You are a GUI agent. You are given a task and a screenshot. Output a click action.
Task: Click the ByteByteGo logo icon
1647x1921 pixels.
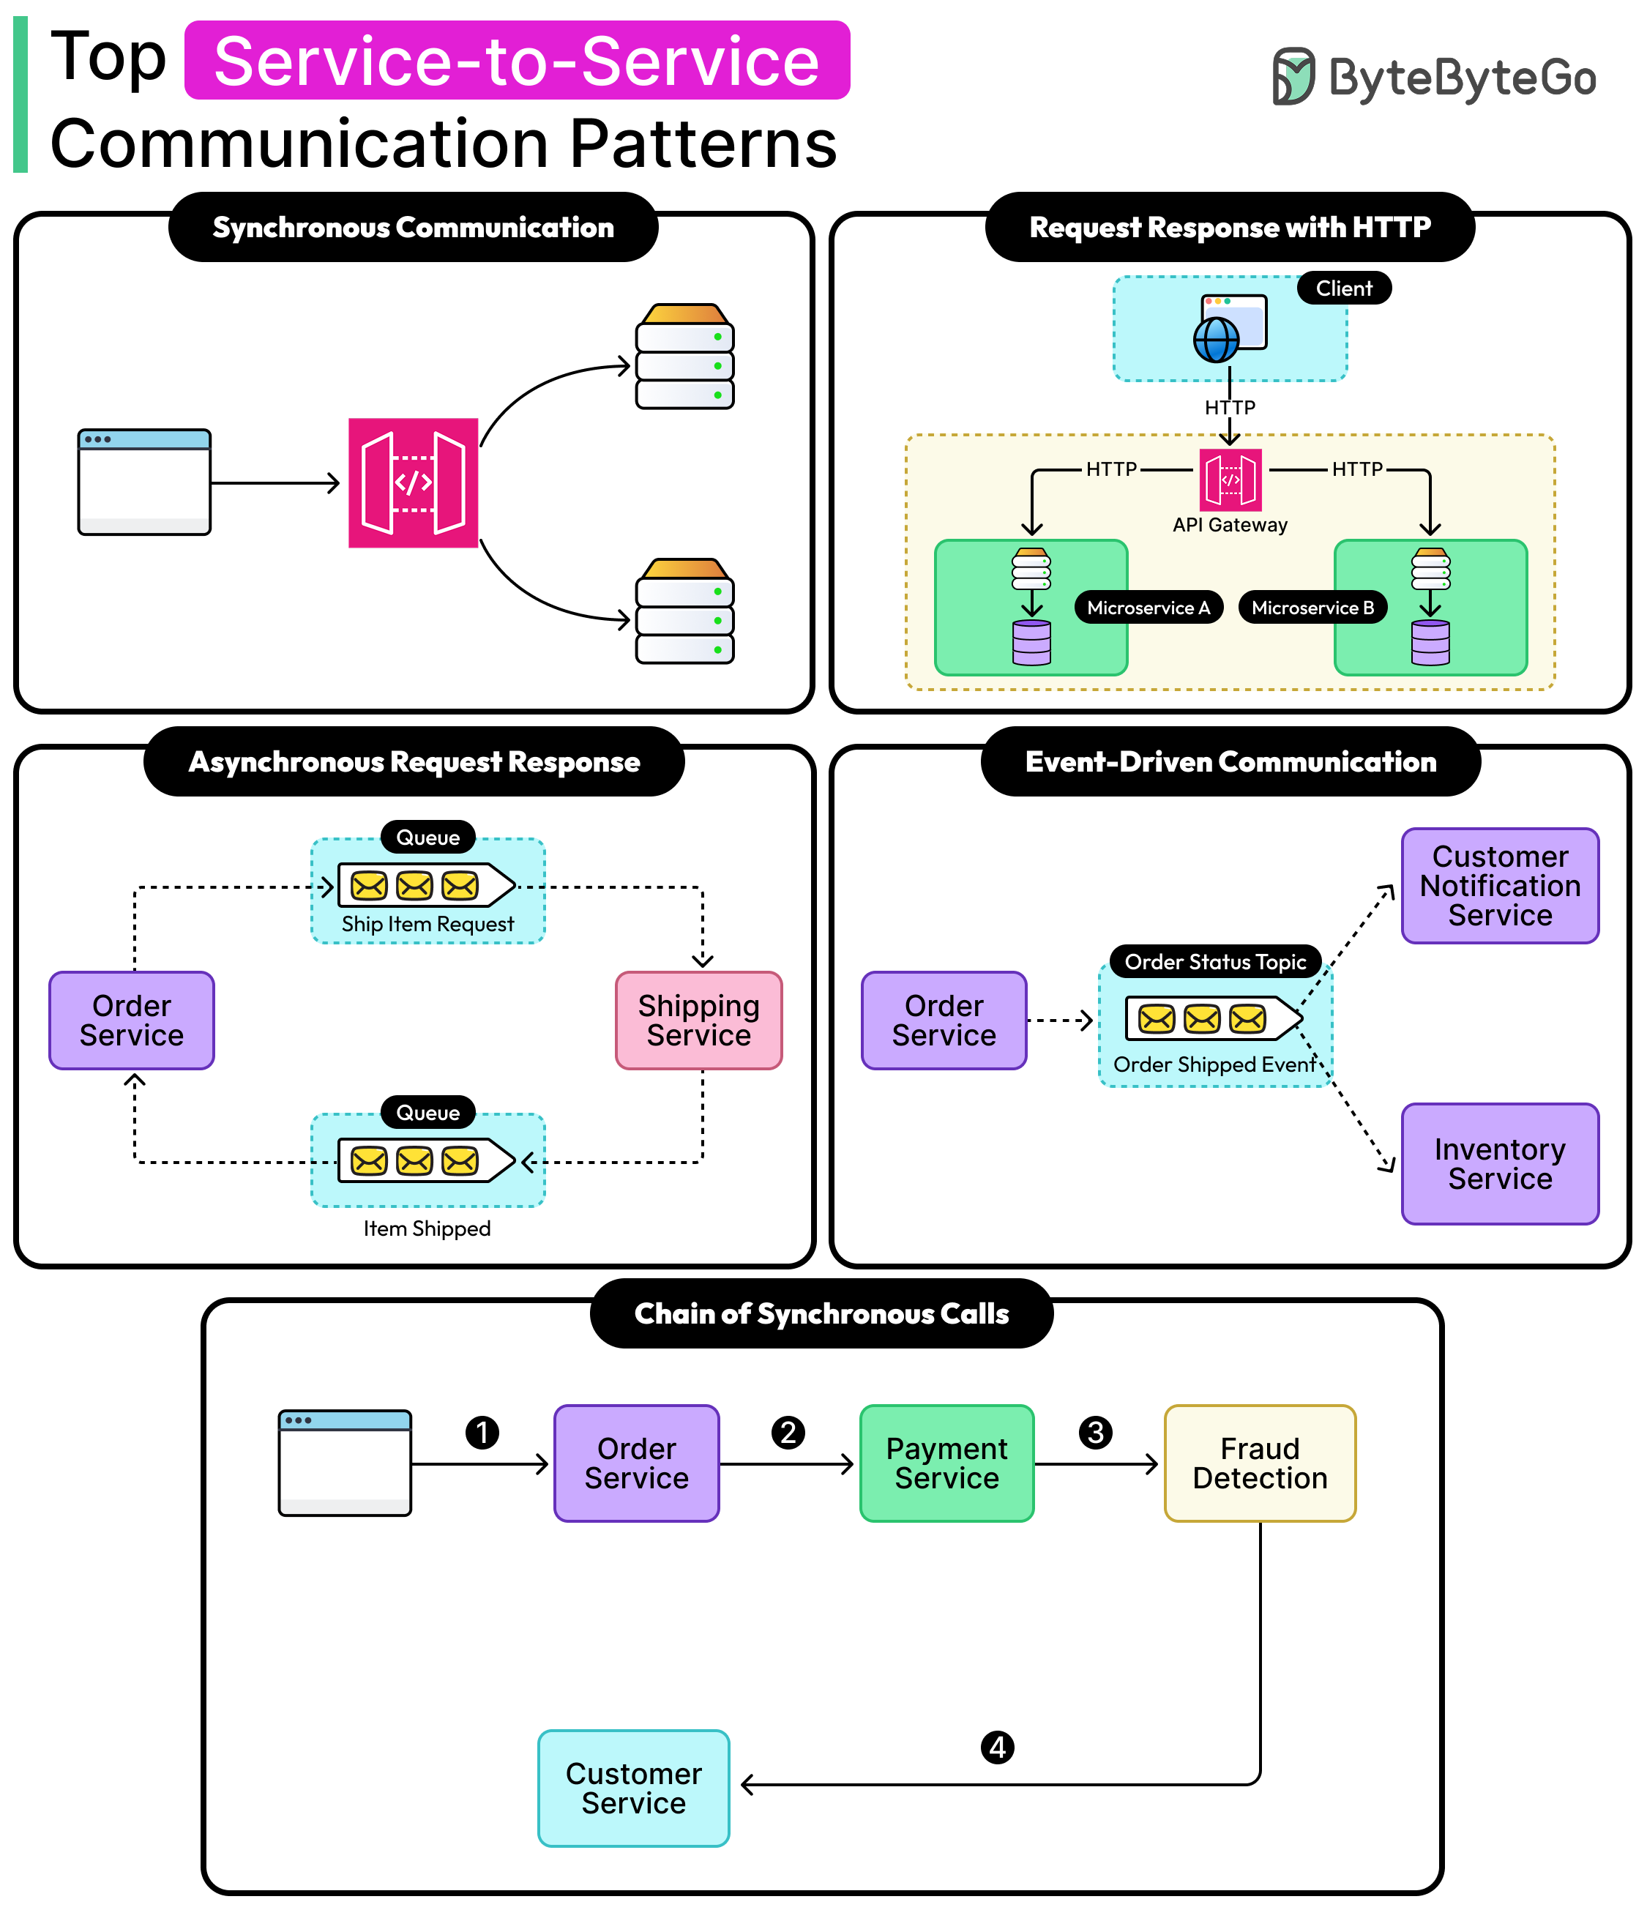click(1293, 76)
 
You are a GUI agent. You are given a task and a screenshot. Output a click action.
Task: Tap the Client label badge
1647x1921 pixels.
click(1343, 288)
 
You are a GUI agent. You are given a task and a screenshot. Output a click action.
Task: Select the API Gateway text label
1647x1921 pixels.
click(1229, 525)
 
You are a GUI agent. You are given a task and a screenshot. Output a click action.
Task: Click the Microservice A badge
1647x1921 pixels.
click(1148, 608)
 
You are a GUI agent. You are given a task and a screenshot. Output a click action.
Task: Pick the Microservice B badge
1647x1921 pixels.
click(1312, 608)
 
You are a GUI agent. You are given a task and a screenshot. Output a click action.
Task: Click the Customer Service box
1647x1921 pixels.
click(633, 1788)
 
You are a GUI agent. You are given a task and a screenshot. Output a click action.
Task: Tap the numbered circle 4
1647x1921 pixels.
click(997, 1747)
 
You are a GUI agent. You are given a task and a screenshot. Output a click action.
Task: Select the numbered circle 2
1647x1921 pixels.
click(788, 1433)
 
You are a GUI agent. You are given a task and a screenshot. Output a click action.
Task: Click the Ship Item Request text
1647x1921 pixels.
click(427, 925)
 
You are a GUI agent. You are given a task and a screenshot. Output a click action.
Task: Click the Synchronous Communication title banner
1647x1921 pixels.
click(414, 227)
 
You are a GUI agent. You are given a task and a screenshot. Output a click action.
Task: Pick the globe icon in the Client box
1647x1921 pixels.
click(1215, 340)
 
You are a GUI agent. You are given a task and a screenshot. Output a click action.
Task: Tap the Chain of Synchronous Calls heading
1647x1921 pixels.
click(821, 1314)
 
